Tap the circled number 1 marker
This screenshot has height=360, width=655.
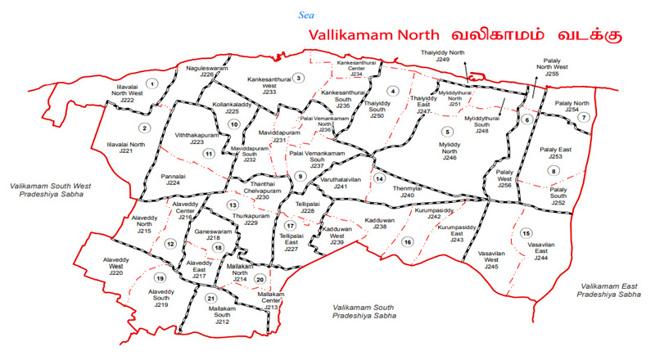(x=151, y=83)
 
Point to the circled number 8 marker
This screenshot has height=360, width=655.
(x=554, y=171)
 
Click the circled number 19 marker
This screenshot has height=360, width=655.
(x=160, y=277)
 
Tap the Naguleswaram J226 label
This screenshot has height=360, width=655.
(x=206, y=70)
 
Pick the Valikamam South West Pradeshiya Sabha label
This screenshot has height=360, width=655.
(x=49, y=191)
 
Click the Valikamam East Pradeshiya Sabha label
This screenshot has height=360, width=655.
(x=608, y=289)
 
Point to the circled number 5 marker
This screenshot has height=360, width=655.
(x=447, y=132)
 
